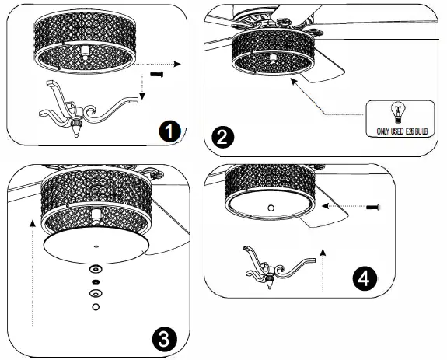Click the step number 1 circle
169,131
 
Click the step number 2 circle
222,138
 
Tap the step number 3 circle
165,339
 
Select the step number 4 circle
365,278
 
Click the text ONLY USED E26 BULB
402,131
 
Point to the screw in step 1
156,75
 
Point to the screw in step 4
373,208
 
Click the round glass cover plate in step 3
96,246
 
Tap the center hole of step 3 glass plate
96,246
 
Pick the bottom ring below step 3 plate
96,306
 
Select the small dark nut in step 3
96,282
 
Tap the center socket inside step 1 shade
85,52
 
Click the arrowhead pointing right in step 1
177,64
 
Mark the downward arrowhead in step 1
142,96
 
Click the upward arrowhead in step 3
33,223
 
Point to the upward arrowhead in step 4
323,252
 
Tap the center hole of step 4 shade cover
271,208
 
